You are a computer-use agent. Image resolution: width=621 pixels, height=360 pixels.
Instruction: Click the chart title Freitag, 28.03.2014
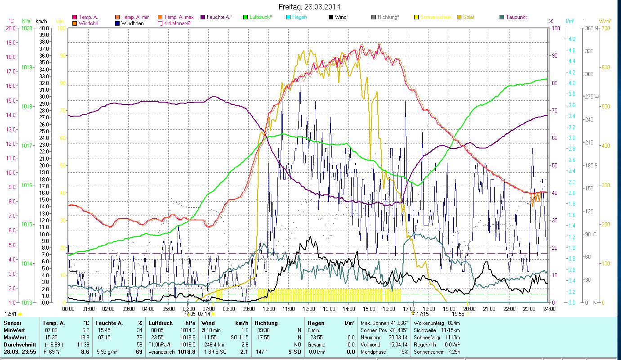pos(309,7)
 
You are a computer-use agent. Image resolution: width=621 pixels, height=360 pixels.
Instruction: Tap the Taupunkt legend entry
pos(516,17)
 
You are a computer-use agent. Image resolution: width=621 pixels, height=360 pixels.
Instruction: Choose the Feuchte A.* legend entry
pos(219,17)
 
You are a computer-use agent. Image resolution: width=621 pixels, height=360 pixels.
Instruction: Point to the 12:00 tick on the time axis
pos(309,309)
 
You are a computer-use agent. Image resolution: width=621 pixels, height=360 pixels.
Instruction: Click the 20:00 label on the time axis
pos(469,309)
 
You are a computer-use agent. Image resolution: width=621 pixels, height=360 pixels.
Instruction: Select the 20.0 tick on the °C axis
pos(11,28)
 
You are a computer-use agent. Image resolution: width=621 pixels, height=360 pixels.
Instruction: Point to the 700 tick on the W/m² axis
pos(605,28)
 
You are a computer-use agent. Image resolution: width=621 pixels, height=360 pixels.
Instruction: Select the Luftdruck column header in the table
pos(161,323)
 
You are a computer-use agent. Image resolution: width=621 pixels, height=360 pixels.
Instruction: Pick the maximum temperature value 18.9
pos(84,337)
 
